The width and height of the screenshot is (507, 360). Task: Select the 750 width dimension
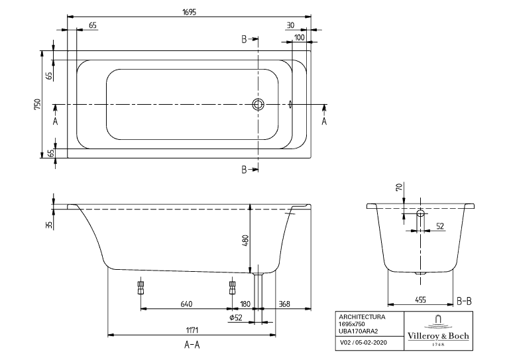tap(38, 103)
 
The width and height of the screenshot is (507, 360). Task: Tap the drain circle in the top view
tap(258, 104)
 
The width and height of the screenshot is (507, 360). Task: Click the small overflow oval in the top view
tap(290, 104)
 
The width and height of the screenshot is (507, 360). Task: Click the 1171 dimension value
tap(192, 330)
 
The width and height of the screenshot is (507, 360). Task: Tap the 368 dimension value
tap(285, 304)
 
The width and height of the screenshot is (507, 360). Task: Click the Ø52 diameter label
tap(235, 318)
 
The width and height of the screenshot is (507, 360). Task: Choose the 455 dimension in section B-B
tap(420, 300)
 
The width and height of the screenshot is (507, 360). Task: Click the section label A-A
tap(192, 344)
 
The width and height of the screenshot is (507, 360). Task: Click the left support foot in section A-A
tap(141, 287)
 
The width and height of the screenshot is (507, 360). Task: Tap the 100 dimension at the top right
tap(300, 37)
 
